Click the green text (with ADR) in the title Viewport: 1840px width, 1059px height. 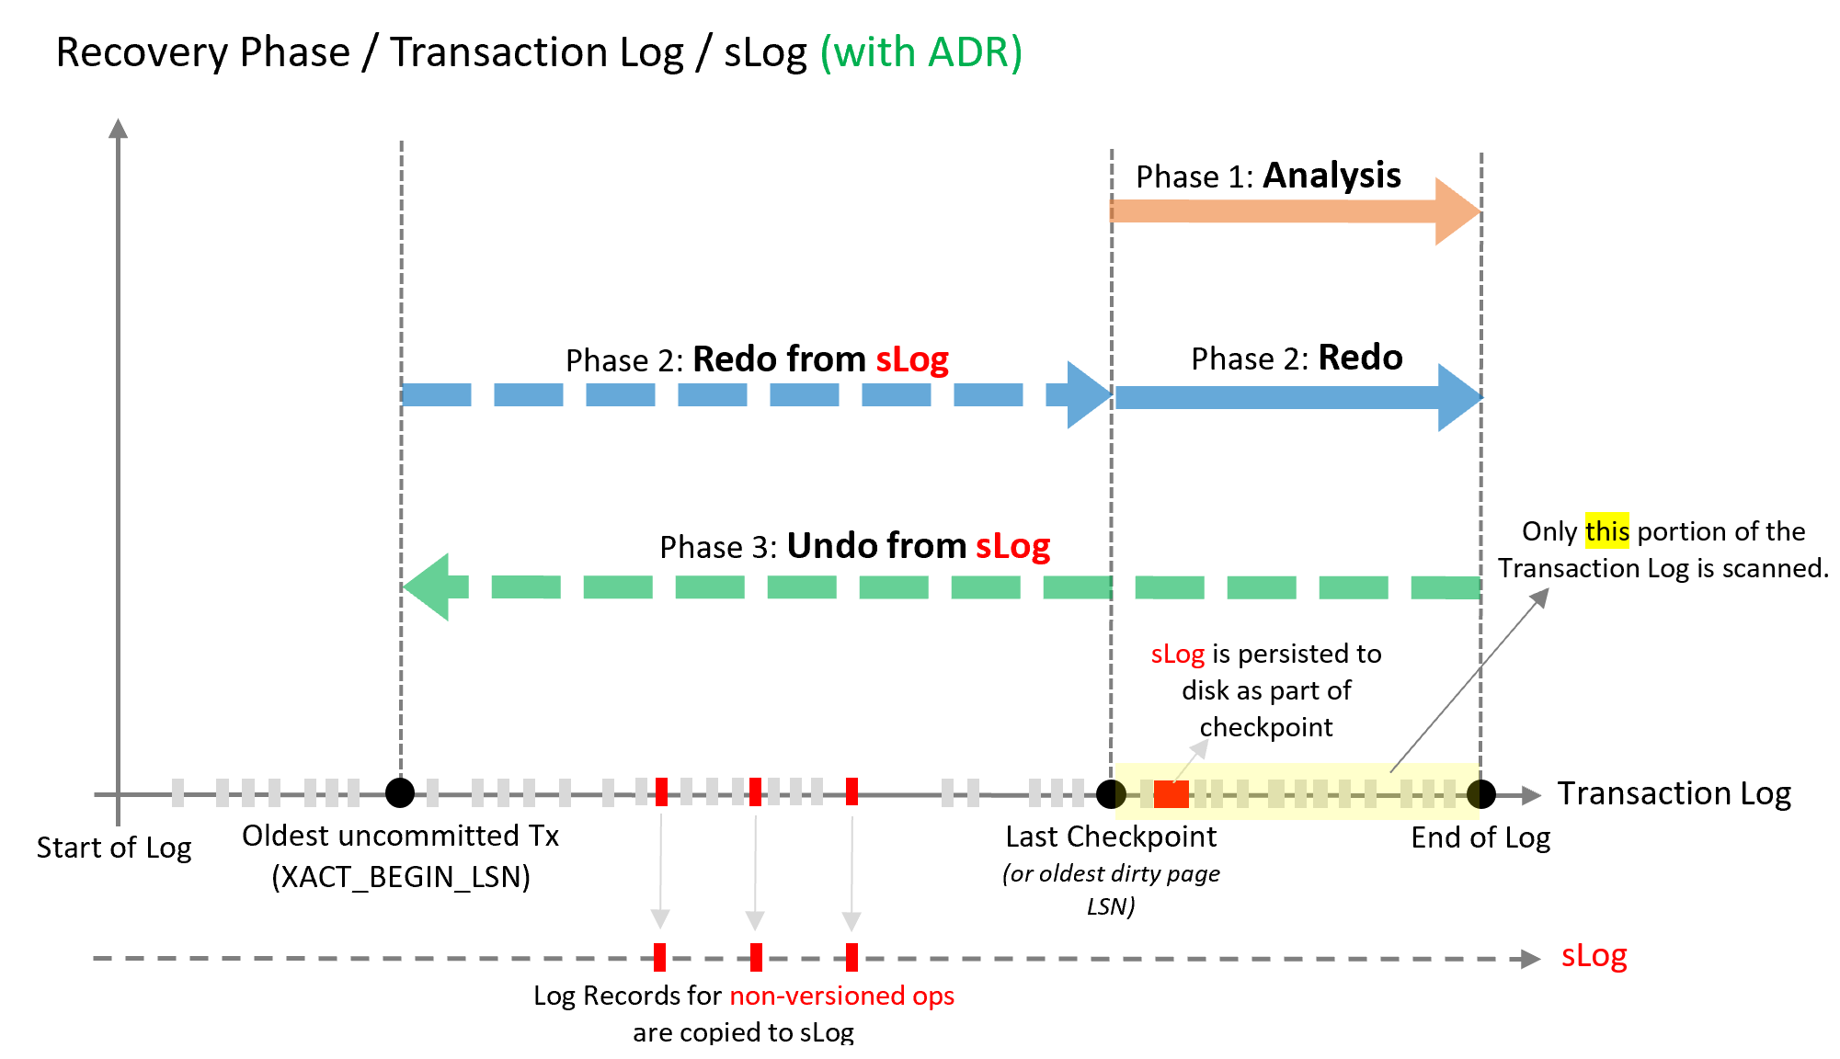point(920,52)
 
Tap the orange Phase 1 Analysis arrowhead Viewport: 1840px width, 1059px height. point(1456,211)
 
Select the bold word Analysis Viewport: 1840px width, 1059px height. point(1331,176)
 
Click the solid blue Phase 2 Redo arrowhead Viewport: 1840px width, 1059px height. point(1458,398)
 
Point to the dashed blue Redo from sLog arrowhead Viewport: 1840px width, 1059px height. point(1088,395)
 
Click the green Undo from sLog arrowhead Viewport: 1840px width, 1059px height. point(428,586)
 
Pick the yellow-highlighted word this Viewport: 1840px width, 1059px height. point(1606,531)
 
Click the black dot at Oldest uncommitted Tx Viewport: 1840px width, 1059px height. point(400,792)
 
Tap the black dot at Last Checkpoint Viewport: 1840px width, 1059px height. point(1111,793)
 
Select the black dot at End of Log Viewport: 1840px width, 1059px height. point(1480,793)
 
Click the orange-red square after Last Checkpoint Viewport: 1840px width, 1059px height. point(1171,794)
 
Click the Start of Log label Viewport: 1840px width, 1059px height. point(114,848)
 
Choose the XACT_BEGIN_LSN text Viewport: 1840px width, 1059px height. point(401,877)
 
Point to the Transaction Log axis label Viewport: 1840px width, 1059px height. point(1674,793)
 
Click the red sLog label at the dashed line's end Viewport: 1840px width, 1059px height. point(1594,956)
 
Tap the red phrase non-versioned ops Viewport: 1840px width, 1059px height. point(841,996)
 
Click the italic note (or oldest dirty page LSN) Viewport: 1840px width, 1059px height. point(1111,889)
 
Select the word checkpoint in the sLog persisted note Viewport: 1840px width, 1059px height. point(1265,727)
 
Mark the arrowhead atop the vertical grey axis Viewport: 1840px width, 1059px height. point(118,129)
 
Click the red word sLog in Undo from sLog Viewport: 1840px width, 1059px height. point(1012,547)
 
